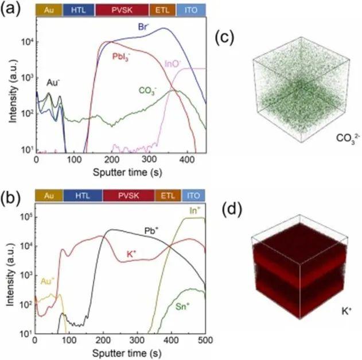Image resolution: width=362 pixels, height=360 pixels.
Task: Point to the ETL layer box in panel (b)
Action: click(x=167, y=195)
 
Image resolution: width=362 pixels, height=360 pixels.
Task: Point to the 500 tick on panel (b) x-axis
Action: click(x=205, y=340)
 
